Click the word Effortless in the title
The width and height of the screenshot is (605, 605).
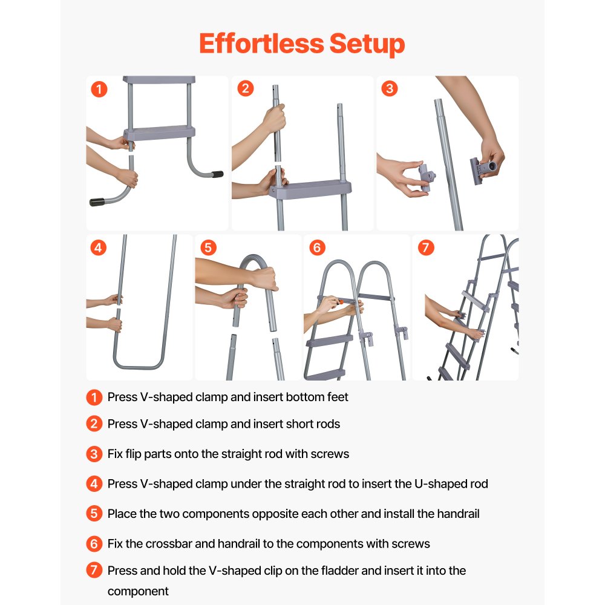coord(261,43)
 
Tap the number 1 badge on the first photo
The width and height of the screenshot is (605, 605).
coord(99,89)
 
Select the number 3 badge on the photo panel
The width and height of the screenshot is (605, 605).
coord(389,88)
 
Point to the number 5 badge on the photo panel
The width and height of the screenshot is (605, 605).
coord(208,247)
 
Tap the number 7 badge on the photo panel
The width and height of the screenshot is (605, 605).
coord(426,247)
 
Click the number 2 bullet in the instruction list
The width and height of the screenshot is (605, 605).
coord(94,423)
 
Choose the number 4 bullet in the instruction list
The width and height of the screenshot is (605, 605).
coord(94,483)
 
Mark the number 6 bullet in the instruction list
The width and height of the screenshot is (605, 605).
coord(94,544)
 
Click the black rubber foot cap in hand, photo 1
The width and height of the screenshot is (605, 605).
coord(97,202)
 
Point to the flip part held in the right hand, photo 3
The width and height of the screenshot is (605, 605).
coord(482,169)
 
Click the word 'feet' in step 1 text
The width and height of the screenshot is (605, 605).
coord(338,397)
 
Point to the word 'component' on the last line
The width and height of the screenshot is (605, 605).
coord(138,592)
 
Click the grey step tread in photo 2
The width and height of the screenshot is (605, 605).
coord(310,189)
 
